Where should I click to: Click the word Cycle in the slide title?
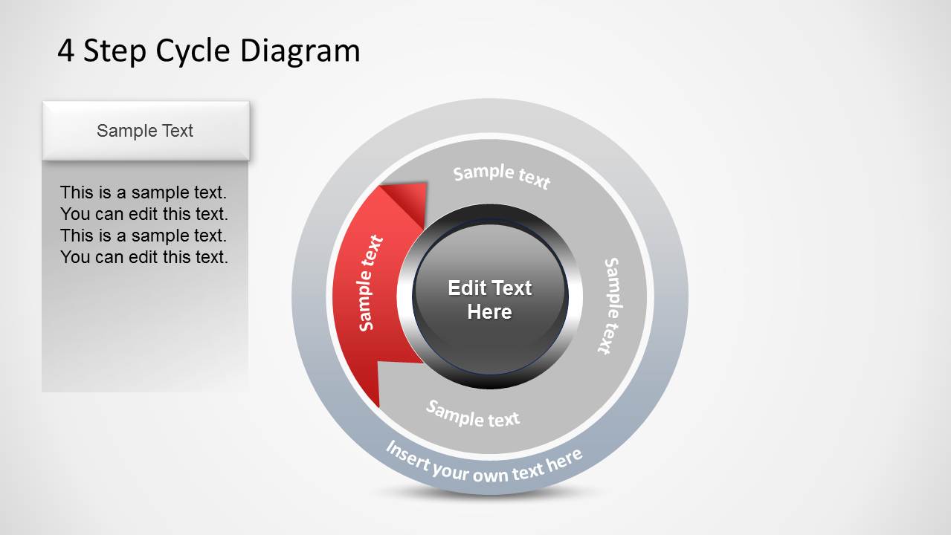[x=193, y=51]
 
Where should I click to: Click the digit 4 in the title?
[x=66, y=51]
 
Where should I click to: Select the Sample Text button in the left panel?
[x=145, y=131]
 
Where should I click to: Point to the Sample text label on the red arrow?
[x=370, y=282]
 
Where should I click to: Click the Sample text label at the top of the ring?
[x=502, y=176]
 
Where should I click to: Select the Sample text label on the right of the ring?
[x=611, y=305]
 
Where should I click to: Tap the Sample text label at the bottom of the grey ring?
[x=473, y=414]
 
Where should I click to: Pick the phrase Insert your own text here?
[x=484, y=463]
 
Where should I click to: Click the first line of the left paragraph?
[x=144, y=192]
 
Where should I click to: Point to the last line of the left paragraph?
[x=144, y=257]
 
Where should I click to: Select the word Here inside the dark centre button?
[x=489, y=311]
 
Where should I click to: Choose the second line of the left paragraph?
[x=144, y=214]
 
